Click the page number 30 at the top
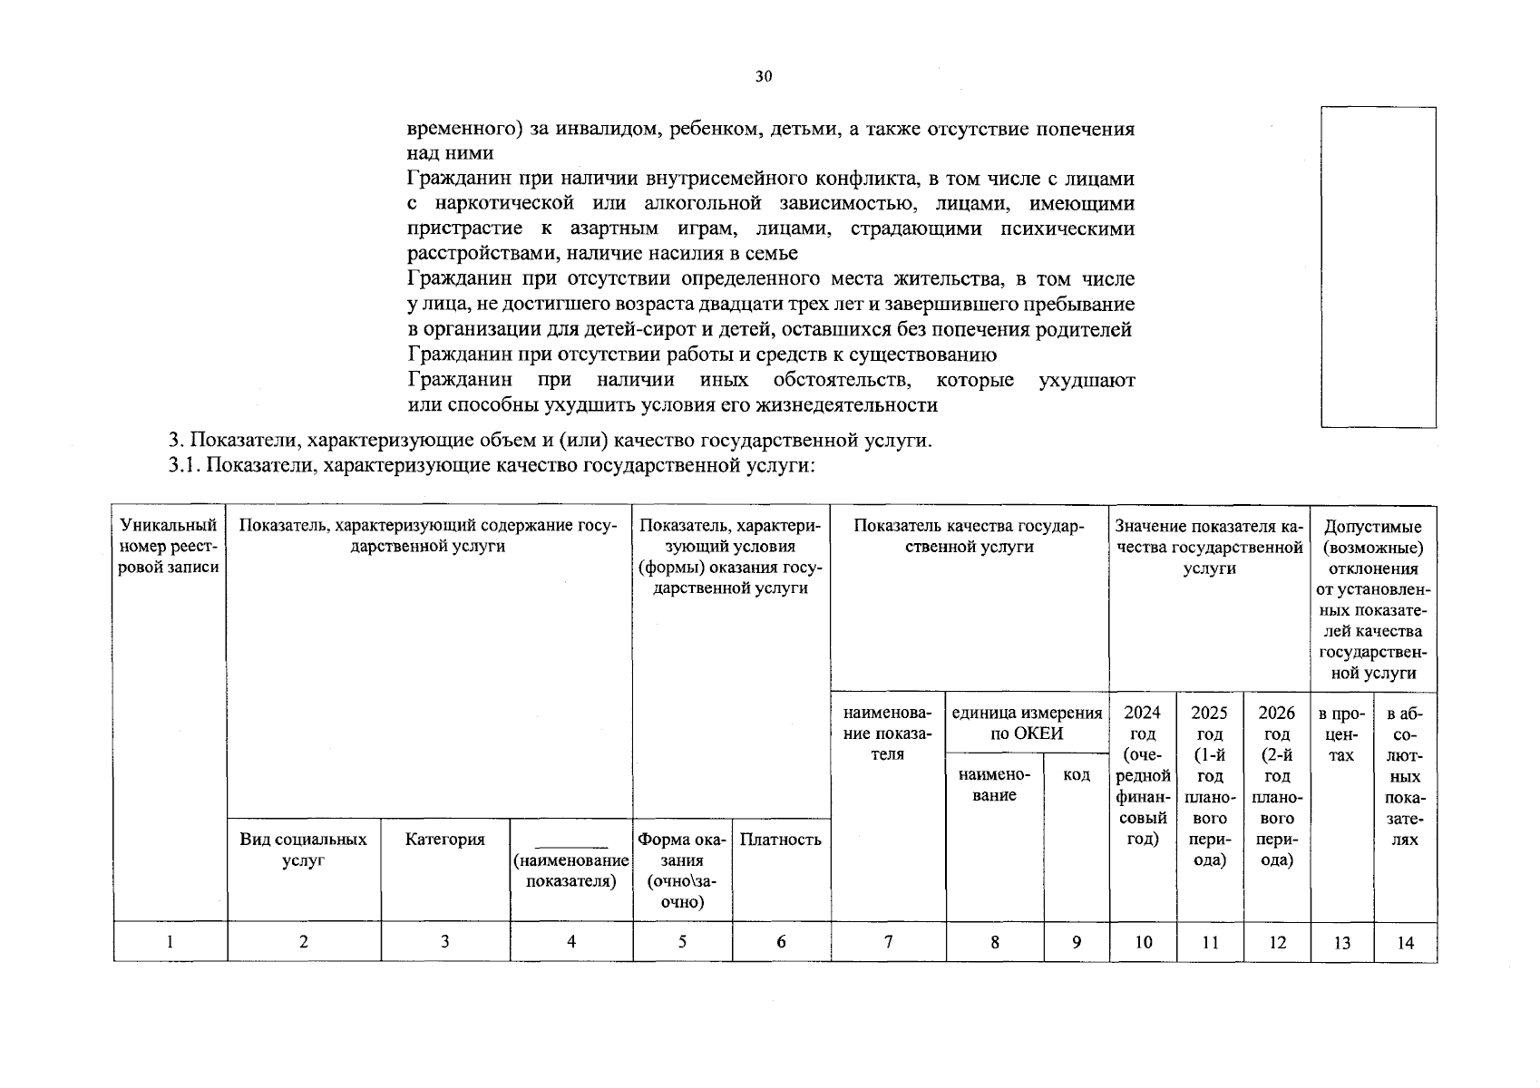point(763,77)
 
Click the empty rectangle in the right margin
point(1378,267)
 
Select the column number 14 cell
point(1405,943)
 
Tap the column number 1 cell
point(170,942)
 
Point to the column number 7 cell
point(888,942)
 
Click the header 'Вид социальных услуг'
point(303,850)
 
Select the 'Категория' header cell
point(444,840)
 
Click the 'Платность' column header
point(780,840)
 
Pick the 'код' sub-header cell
point(1076,775)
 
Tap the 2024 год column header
point(1142,775)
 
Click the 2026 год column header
point(1276,785)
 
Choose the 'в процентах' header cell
point(1341,733)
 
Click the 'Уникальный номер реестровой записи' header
point(170,547)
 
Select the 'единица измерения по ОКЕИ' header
point(1027,723)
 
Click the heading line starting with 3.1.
point(492,466)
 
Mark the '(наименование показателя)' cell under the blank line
point(570,870)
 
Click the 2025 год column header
point(1209,785)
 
